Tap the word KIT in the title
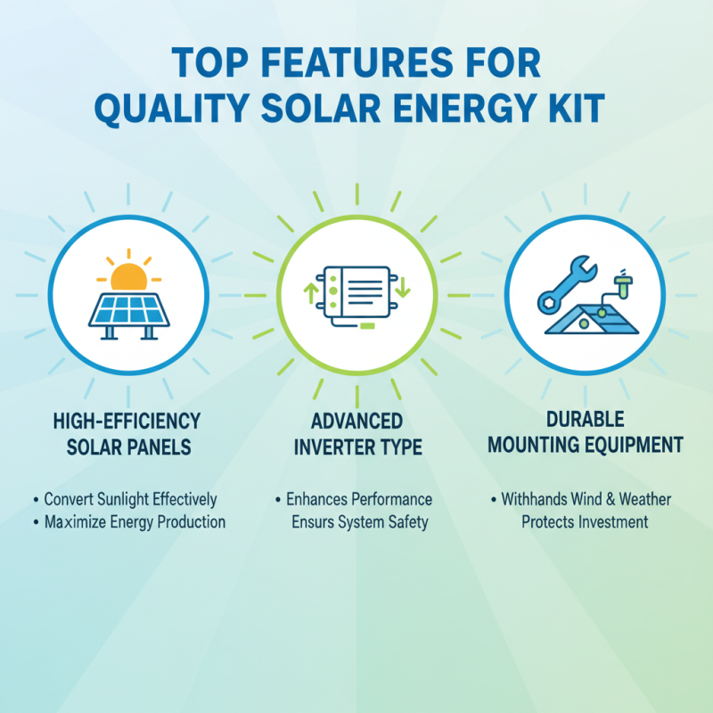coord(578,111)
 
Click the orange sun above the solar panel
coord(128,277)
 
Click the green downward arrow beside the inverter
coord(402,288)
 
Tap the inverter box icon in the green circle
coord(356,292)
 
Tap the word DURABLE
coord(584,420)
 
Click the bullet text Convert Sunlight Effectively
coord(130,500)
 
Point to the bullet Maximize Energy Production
coord(134,521)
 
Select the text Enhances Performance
coord(358,499)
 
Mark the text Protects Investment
coord(585,521)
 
